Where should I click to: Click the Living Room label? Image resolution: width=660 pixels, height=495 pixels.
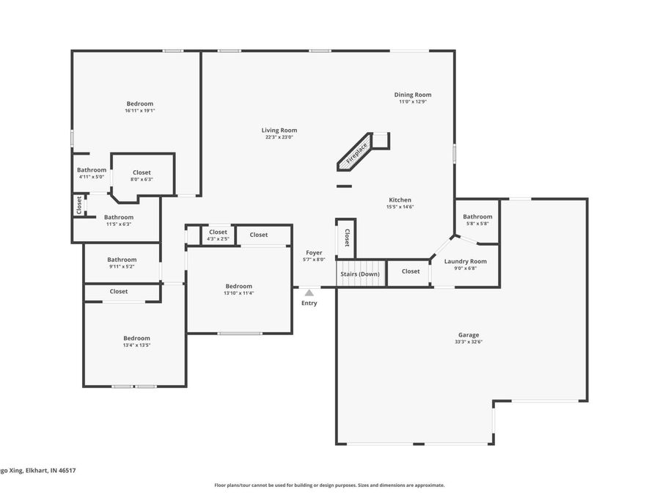coord(279,131)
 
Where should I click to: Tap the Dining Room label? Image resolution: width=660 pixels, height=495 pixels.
coord(412,95)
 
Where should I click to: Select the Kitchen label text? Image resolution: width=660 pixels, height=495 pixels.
coord(400,200)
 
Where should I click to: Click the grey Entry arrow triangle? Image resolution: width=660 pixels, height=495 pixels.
coord(309,293)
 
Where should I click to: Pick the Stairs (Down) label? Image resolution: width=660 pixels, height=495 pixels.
coord(359,274)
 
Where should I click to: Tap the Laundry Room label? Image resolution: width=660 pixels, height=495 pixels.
coord(465,261)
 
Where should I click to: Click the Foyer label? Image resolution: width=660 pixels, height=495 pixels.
coord(314,252)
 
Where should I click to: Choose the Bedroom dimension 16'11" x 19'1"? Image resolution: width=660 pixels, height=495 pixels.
coord(139,111)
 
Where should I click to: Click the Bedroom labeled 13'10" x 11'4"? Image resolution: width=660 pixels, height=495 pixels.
coord(238,286)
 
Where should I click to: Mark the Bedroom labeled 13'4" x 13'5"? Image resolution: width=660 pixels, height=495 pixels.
coord(136,338)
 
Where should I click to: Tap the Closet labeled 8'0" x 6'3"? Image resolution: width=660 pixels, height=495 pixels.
coord(142,172)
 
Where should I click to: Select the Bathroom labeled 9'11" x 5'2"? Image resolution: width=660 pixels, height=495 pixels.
coord(122,260)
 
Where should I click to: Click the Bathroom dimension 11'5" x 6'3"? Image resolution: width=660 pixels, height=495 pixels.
coord(118,224)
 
